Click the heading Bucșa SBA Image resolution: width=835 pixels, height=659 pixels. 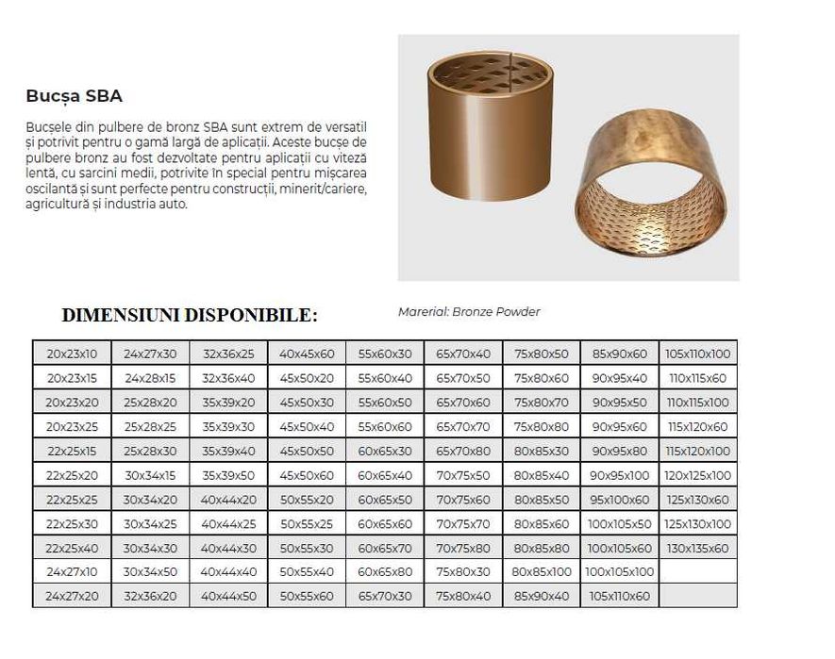pyautogui.click(x=75, y=96)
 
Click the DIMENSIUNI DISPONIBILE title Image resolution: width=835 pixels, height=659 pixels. pyautogui.click(x=190, y=315)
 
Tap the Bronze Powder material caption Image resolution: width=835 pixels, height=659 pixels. pyautogui.click(x=469, y=312)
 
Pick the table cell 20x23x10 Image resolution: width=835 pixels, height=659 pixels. pyautogui.click(x=72, y=354)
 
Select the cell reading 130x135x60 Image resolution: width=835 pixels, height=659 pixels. pyautogui.click(x=697, y=548)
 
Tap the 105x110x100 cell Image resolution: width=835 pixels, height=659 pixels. pyautogui.click(x=697, y=354)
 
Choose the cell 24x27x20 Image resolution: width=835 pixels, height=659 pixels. pyautogui.click(x=72, y=597)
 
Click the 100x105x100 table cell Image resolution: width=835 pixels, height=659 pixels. pyautogui.click(x=619, y=572)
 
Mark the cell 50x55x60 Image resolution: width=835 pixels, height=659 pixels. pyautogui.click(x=307, y=597)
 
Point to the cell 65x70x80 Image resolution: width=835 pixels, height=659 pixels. pyautogui.click(x=463, y=451)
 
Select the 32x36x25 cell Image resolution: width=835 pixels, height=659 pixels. pyautogui.click(x=228, y=354)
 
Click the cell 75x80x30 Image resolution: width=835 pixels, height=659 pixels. pyautogui.click(x=463, y=572)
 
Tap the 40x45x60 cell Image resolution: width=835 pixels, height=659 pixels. pyautogui.click(x=307, y=354)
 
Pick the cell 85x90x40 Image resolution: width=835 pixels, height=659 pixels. pyautogui.click(x=542, y=597)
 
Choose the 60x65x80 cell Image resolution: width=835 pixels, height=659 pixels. pyautogui.click(x=385, y=572)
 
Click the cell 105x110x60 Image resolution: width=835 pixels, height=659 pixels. pyautogui.click(x=619, y=597)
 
